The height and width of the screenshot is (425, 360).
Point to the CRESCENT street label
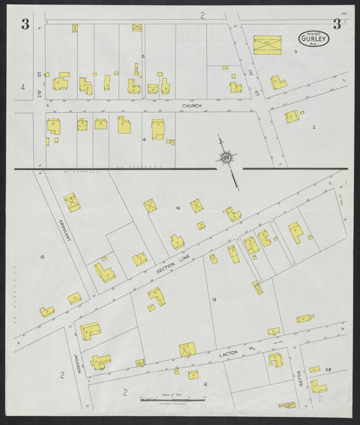point(65,232)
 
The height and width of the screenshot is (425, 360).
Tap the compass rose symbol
point(225,158)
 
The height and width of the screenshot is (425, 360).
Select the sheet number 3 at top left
point(25,25)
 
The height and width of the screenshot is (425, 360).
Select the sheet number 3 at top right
point(336,25)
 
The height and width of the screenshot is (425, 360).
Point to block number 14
point(177,208)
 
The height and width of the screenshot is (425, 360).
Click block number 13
point(213,299)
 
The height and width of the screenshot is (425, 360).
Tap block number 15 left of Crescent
point(42,257)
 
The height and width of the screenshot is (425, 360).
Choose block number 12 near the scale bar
point(205,384)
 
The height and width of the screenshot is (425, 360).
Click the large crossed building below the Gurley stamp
point(267,45)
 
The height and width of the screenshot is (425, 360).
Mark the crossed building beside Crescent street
point(72,202)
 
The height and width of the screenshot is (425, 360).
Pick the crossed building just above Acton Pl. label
point(187,349)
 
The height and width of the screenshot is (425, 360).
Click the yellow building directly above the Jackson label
point(90,331)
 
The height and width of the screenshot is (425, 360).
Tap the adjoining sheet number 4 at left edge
point(23,86)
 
